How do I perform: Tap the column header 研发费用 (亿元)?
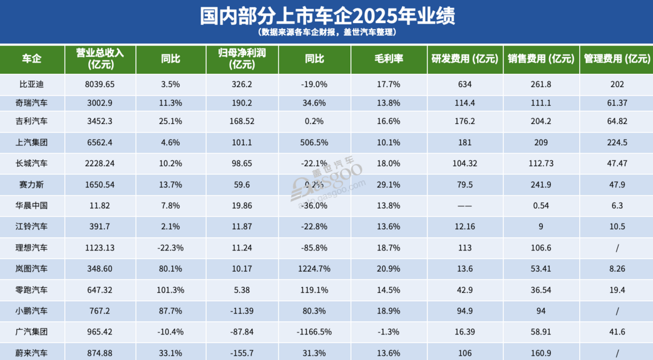[464, 59]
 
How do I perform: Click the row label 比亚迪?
[32, 84]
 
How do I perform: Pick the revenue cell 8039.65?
[100, 84]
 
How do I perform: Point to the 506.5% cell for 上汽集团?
[314, 142]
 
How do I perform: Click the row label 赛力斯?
[32, 185]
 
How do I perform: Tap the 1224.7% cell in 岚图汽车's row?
[314, 269]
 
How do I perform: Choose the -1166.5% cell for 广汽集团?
[314, 332]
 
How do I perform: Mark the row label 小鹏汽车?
[32, 311]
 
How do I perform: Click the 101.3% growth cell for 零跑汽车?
[171, 290]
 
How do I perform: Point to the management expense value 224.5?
[617, 142]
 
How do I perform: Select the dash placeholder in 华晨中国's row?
[464, 206]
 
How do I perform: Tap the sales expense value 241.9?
[541, 185]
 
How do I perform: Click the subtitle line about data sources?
[327, 33]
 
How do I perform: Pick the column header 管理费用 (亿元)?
[617, 59]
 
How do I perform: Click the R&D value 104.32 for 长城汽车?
[464, 163]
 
